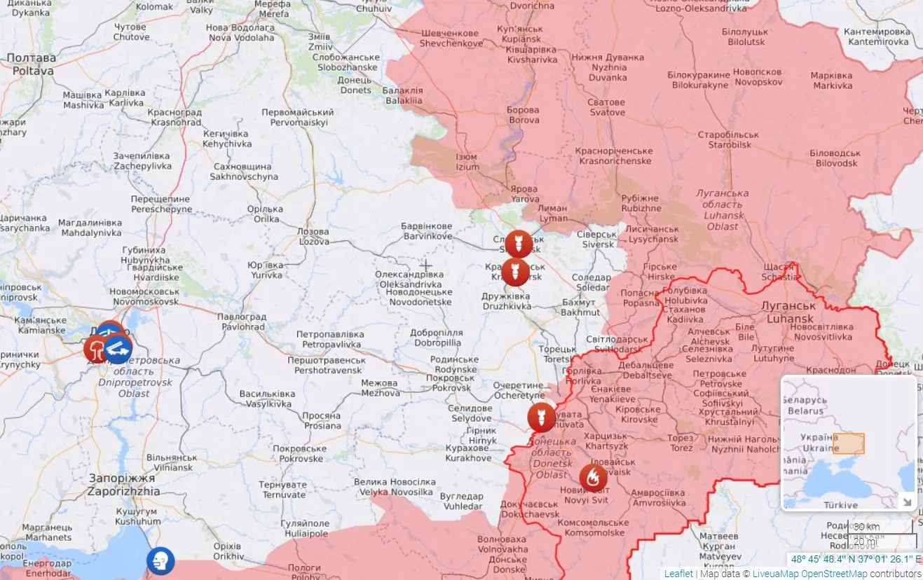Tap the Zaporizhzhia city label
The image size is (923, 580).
(x=123, y=485)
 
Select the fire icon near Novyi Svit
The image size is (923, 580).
(x=593, y=478)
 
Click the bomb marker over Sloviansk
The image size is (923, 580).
(x=519, y=243)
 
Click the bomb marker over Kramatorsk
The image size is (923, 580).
(x=515, y=271)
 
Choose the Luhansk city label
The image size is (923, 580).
(x=790, y=312)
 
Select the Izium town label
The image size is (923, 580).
(x=467, y=162)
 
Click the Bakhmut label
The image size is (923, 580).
(x=580, y=308)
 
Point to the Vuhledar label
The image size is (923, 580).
(x=461, y=501)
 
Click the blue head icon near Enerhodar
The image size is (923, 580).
(x=160, y=560)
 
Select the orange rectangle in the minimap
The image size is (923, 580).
(x=848, y=444)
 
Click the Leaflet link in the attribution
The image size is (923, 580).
(x=678, y=573)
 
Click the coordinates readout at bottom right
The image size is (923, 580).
(x=856, y=559)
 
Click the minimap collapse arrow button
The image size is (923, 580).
(x=907, y=502)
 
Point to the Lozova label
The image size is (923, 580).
(x=313, y=236)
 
